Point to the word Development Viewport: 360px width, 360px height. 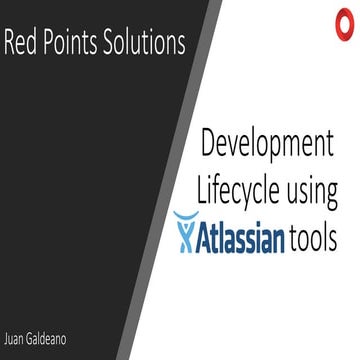coord(268,144)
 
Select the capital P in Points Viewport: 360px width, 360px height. coord(49,45)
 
